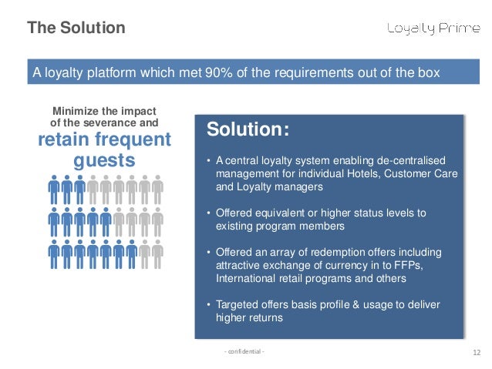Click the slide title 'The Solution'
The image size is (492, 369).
coord(76,29)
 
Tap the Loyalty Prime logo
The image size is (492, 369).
coord(432,29)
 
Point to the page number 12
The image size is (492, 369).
coord(475,353)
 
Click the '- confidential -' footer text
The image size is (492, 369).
coord(244,352)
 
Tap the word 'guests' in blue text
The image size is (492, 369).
coord(103,161)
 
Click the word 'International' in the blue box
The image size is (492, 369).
coord(245,278)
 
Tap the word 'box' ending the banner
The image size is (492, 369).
coord(428,74)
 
